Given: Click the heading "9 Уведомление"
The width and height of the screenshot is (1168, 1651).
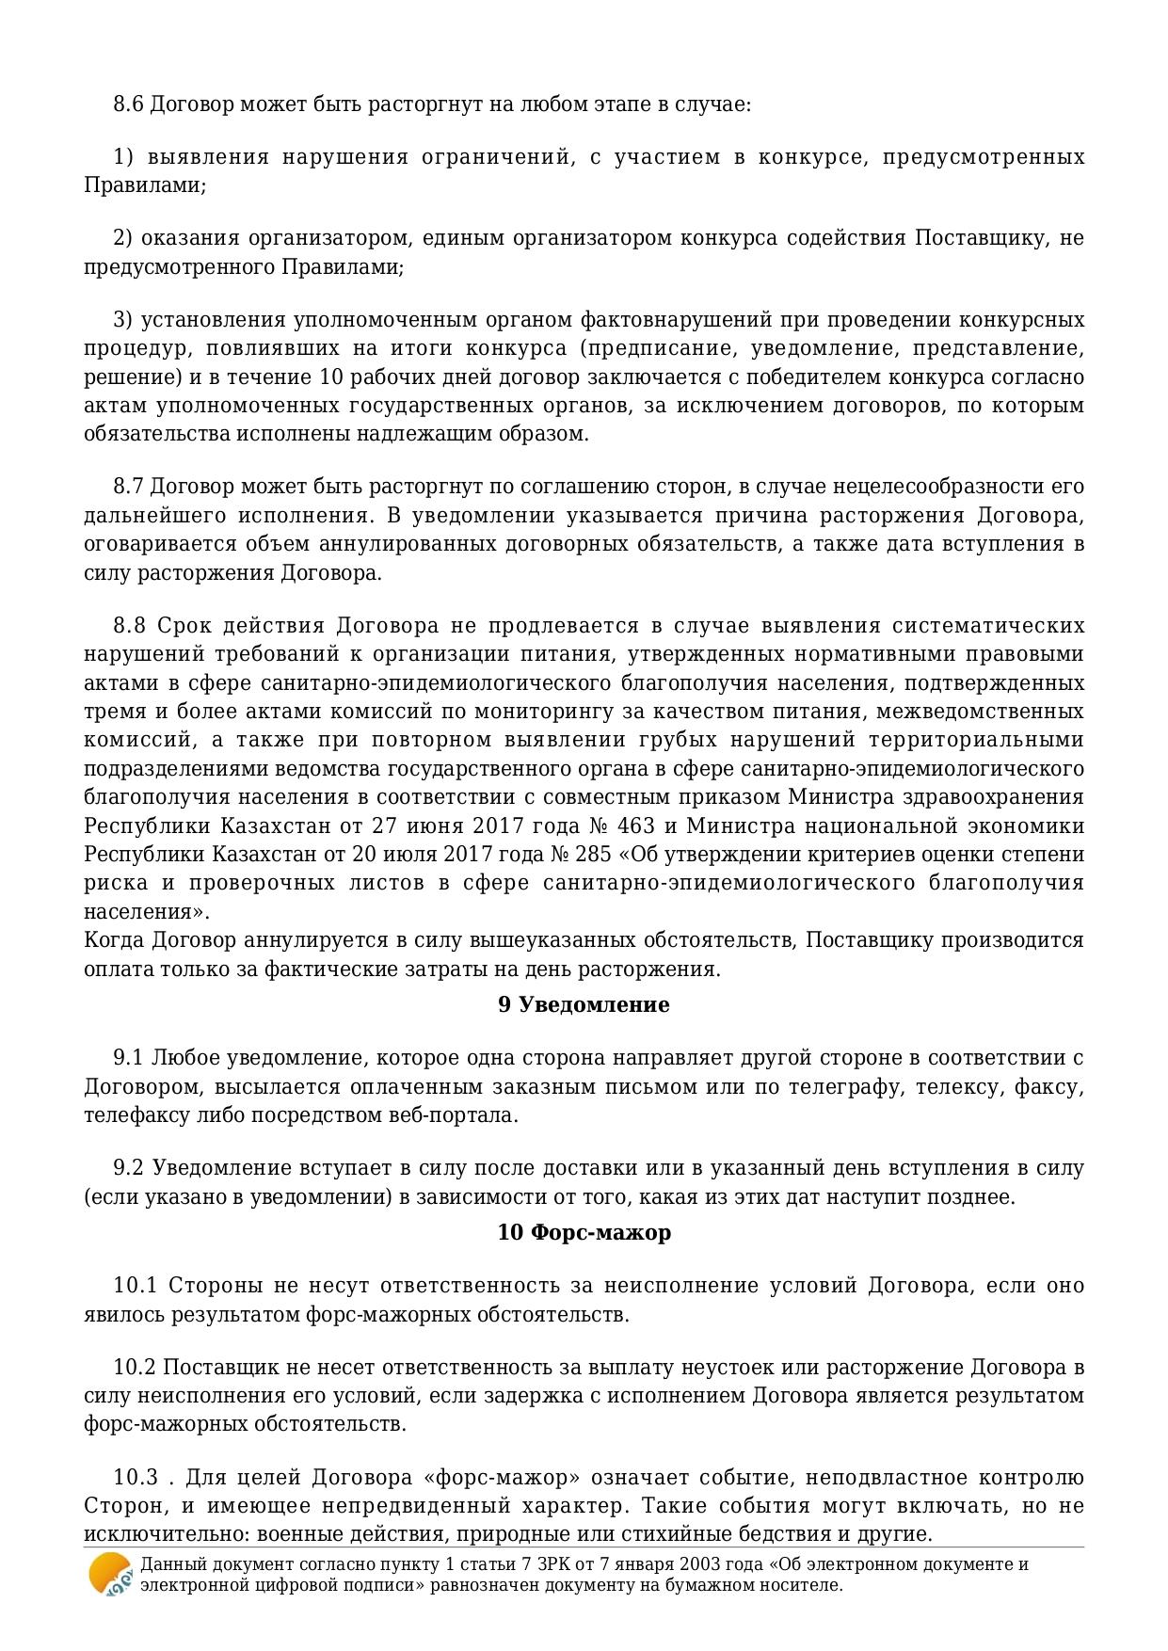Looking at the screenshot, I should pyautogui.click(x=584, y=1005).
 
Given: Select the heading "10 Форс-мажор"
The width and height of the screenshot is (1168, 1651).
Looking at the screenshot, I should pyautogui.click(x=584, y=1233).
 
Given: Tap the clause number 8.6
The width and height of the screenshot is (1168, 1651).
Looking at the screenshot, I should pyautogui.click(x=128, y=104).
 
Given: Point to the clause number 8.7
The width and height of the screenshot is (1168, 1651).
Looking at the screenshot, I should pyautogui.click(x=128, y=487).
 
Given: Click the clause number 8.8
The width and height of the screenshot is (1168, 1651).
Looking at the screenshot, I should pyautogui.click(x=128, y=626).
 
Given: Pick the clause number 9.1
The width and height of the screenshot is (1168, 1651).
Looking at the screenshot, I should pyautogui.click(x=128, y=1058).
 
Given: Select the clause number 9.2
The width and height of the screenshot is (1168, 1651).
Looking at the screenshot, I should pyautogui.click(x=128, y=1168).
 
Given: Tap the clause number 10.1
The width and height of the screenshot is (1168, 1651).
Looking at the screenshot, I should pyautogui.click(x=133, y=1286).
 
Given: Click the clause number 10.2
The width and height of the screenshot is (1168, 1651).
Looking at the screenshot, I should pyautogui.click(x=133, y=1368).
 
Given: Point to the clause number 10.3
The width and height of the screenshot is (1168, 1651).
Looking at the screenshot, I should pyautogui.click(x=133, y=1478).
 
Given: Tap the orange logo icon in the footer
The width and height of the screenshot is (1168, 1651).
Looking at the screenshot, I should pyautogui.click(x=110, y=1574).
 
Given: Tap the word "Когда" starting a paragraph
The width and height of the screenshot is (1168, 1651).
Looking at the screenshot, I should pyautogui.click(x=115, y=940).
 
